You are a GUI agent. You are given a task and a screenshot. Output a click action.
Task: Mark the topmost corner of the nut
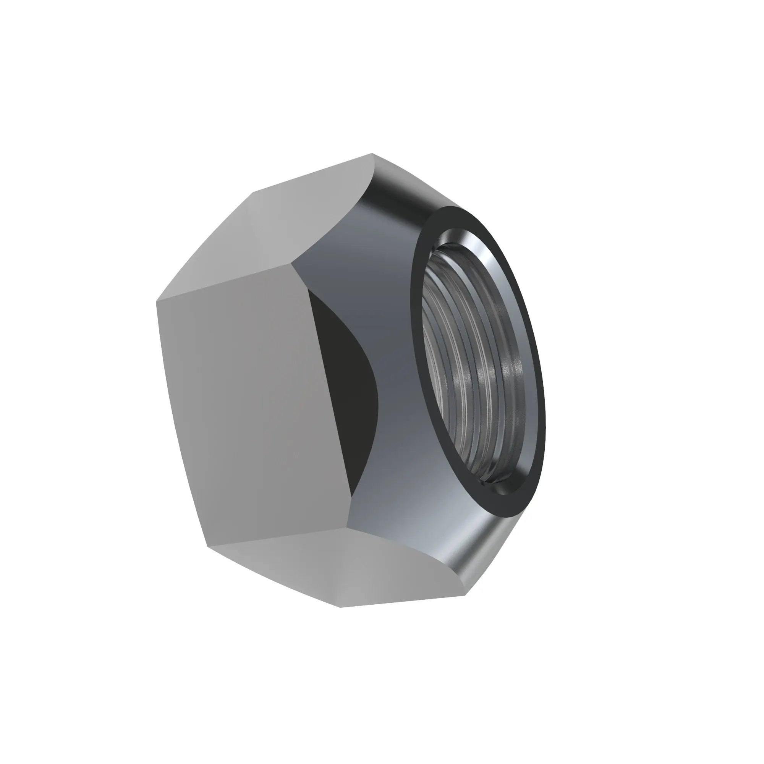pos(372,154)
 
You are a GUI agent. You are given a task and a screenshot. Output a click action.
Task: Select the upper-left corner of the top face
pos(253,191)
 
